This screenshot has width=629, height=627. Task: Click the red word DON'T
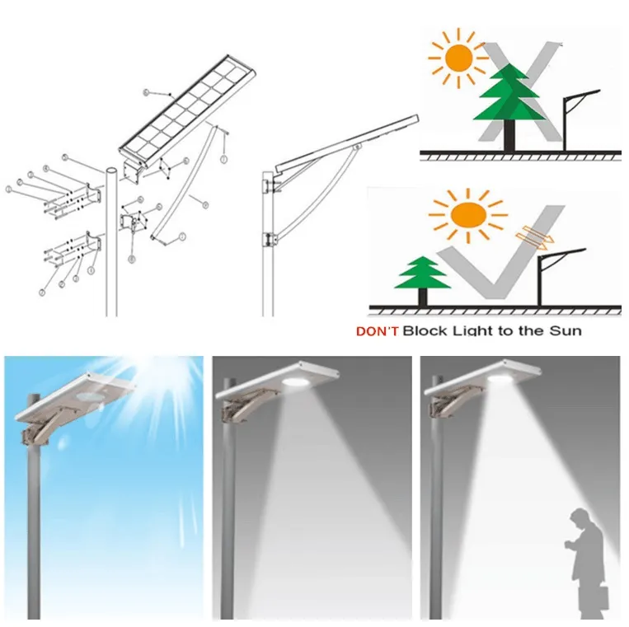(372, 331)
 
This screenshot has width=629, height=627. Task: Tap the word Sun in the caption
(566, 331)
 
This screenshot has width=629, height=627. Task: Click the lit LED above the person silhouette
(500, 379)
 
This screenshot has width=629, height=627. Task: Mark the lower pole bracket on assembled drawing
(266, 240)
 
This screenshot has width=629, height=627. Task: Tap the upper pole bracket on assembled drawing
(266, 183)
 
